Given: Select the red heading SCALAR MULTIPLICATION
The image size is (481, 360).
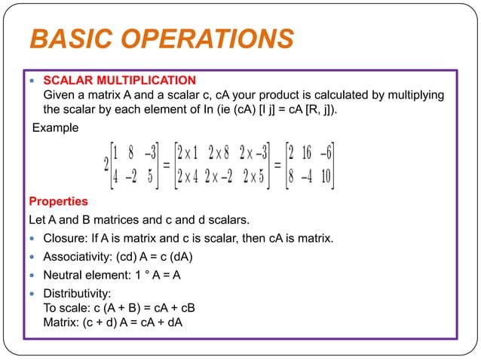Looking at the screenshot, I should pyautogui.click(x=121, y=80).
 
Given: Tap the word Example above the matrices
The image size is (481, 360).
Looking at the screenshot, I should pyautogui.click(x=54, y=128).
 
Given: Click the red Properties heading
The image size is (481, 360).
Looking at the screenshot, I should pyautogui.click(x=58, y=202).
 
